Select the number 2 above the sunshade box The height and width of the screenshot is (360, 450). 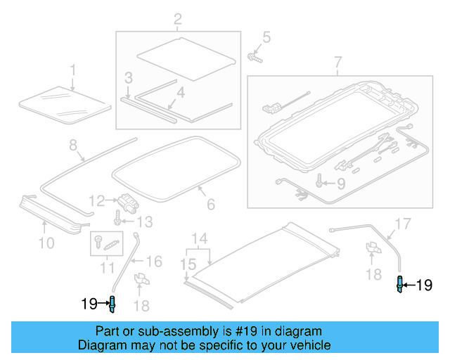point(177,18)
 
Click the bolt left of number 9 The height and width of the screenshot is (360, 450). point(320,182)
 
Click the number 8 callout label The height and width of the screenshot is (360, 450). point(72,146)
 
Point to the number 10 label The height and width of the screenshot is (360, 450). point(46,244)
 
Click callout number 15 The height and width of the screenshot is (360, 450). point(186,264)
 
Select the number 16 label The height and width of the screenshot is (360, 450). point(155,262)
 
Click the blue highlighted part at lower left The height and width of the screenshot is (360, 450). point(111,304)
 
